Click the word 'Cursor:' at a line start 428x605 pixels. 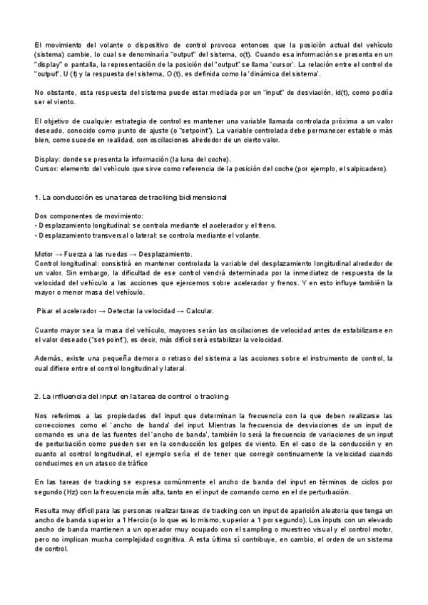point(46,168)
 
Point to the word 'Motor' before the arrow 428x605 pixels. point(44,254)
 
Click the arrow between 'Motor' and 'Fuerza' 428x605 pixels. point(59,254)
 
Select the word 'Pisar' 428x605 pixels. point(49,311)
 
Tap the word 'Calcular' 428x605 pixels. point(198,311)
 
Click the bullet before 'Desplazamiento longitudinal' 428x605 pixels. point(36,225)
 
